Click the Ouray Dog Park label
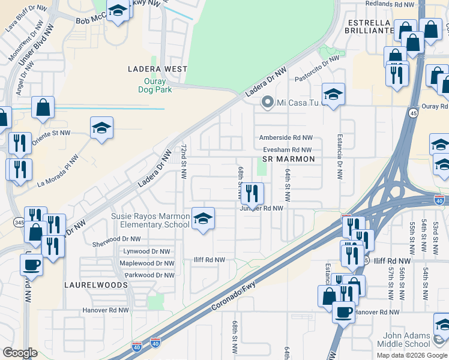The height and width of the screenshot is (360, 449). [x=158, y=85]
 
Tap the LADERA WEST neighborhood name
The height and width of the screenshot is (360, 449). [x=158, y=69]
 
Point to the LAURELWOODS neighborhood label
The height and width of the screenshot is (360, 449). [x=96, y=285]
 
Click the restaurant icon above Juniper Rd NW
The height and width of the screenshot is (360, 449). [x=252, y=193]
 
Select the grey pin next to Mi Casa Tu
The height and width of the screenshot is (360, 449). [x=268, y=103]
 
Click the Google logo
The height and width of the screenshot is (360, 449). [x=20, y=353]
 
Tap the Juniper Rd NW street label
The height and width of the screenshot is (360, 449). [x=262, y=208]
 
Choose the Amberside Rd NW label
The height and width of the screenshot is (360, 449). [x=286, y=137]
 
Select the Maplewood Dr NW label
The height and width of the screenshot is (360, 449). [x=147, y=263]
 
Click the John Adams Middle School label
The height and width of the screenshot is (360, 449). [x=404, y=339]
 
